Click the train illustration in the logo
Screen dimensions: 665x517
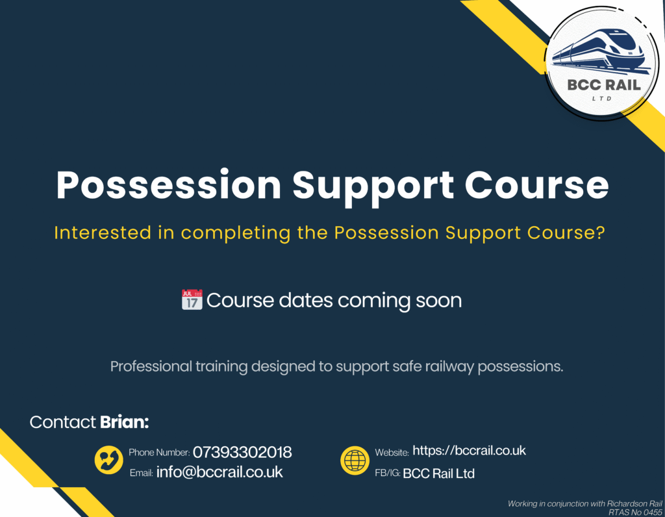[x=600, y=51]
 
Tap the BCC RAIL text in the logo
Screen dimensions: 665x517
[x=604, y=85]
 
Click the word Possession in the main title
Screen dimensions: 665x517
[x=169, y=185]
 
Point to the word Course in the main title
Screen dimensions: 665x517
[x=536, y=185]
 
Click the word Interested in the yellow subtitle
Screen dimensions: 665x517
[x=103, y=233]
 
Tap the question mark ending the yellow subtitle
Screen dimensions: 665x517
[x=600, y=233]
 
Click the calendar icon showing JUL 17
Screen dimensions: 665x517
[x=192, y=299]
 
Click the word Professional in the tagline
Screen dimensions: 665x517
[x=151, y=366]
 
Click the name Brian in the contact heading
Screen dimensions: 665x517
[x=124, y=422]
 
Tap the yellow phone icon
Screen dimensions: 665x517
[x=109, y=460]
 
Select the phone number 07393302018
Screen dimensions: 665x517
[x=242, y=453]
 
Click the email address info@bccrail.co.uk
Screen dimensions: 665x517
[x=220, y=472]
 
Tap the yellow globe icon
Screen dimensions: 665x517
[x=355, y=460]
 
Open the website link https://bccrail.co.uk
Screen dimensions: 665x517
[x=469, y=450]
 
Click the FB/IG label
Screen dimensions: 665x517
[x=388, y=473]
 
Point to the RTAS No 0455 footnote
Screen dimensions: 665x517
[x=635, y=512]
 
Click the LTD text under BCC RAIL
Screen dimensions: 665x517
[x=602, y=99]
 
